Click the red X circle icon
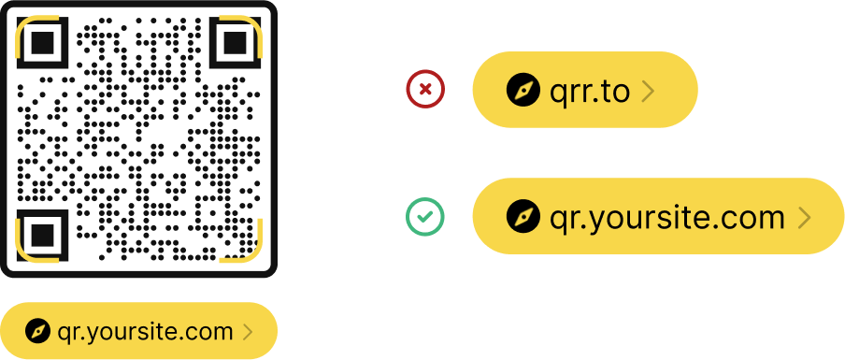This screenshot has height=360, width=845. [x=425, y=90]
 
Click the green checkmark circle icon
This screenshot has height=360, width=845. [x=425, y=217]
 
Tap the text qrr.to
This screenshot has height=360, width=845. [x=590, y=91]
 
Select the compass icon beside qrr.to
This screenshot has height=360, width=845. [x=523, y=90]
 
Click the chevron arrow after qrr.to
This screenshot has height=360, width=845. [x=649, y=91]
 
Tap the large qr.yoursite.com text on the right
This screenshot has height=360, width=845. [x=667, y=217]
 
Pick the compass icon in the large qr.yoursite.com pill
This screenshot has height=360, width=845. [x=523, y=217]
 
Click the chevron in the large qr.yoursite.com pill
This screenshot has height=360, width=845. [x=804, y=218]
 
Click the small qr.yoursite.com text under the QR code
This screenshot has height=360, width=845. [x=145, y=331]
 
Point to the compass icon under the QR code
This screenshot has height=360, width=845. [x=38, y=331]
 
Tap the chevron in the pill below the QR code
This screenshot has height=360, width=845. [x=248, y=331]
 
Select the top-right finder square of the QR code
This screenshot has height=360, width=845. [x=234, y=42]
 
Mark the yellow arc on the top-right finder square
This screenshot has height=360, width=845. [x=252, y=24]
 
